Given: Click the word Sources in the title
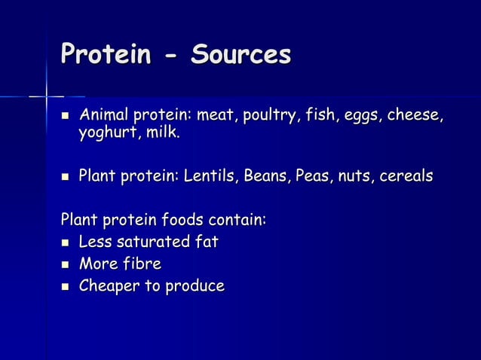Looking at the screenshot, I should point(240,54).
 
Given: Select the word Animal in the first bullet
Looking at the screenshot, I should point(105,117).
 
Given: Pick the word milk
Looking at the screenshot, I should point(163,133).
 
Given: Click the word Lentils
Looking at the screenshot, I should point(208,176).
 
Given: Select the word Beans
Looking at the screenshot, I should point(267,176).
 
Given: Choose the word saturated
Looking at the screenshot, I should point(149,243).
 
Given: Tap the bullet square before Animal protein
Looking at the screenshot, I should point(65,117).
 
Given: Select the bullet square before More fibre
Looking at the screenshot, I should point(65,264).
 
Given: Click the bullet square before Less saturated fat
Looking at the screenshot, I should point(65,243).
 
